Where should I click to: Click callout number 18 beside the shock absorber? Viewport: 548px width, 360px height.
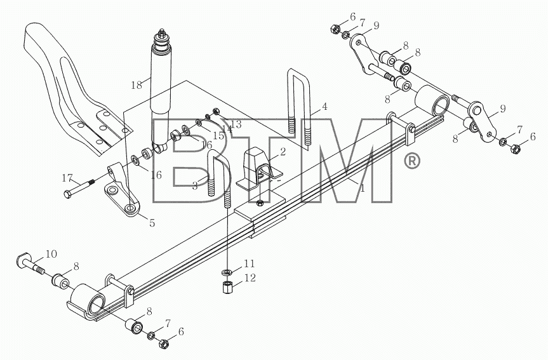[x=137, y=84]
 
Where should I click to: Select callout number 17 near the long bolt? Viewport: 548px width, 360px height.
[x=67, y=178]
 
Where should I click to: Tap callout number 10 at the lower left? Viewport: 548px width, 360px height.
[x=51, y=254]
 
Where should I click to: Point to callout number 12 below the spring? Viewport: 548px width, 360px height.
[x=250, y=278]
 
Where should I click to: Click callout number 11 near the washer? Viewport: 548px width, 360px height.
[x=250, y=263]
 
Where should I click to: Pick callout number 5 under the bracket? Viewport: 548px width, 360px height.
[x=152, y=223]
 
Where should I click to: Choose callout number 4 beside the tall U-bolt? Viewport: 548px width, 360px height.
[x=324, y=106]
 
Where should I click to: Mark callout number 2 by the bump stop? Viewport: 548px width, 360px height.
[x=283, y=151]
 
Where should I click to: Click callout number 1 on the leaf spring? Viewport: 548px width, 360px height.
[x=363, y=189]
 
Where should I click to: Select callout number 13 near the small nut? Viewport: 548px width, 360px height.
[x=236, y=124]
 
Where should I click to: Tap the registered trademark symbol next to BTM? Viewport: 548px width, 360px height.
[x=411, y=161]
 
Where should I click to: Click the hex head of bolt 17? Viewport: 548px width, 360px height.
[x=67, y=194]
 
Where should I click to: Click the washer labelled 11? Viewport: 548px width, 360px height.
[x=227, y=272]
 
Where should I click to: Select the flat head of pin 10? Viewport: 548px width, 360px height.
[x=23, y=259]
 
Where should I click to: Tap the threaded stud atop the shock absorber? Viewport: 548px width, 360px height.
[x=162, y=34]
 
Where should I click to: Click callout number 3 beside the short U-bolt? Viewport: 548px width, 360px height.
[x=195, y=185]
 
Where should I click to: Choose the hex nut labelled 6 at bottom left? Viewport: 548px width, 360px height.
[x=163, y=344]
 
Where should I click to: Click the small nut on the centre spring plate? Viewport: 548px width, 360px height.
[x=259, y=203]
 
